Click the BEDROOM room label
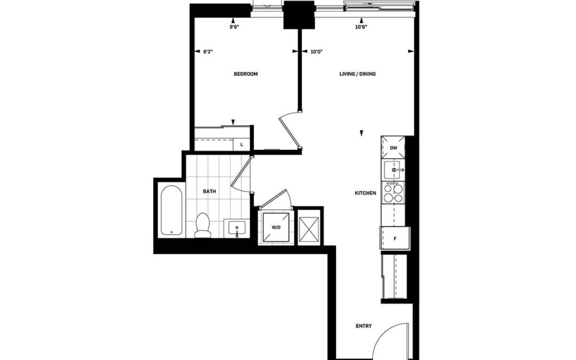[246, 74]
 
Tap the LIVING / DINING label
[357, 74]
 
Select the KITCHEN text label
[365, 193]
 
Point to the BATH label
[210, 191]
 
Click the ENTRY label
[364, 326]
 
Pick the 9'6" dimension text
[234, 27]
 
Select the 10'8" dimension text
[362, 27]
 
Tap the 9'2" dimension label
[209, 52]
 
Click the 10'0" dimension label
[316, 52]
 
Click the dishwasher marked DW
[393, 148]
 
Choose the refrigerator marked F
[395, 238]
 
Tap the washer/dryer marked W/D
[276, 227]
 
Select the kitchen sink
[393, 170]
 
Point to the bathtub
[171, 210]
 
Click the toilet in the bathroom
[203, 225]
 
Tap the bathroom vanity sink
[237, 228]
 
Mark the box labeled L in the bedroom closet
[242, 145]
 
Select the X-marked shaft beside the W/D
[309, 229]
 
